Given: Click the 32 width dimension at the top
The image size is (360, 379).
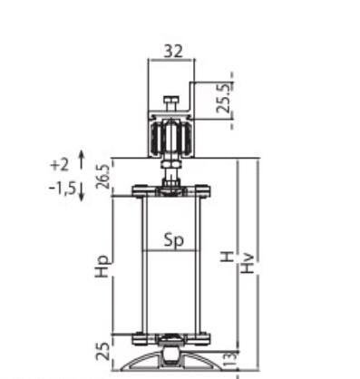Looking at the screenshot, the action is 173,52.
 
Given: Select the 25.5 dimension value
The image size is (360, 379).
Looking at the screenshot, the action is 225,98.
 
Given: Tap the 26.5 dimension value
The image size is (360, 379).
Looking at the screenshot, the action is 102,177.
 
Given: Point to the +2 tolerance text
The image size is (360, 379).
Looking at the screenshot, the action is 60,165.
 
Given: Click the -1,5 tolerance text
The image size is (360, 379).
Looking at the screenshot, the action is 62,189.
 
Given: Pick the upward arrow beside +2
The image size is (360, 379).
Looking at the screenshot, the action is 82,160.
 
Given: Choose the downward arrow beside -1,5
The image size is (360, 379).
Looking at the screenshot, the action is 82,192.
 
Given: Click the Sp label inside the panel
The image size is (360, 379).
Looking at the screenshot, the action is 174,241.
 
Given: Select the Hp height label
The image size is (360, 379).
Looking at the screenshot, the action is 102,267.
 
